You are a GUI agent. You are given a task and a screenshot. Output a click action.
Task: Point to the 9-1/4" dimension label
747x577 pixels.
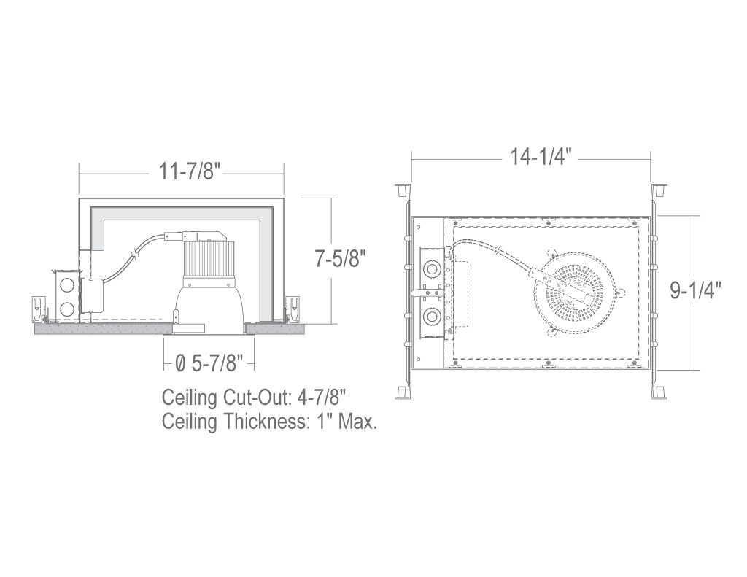pyautogui.click(x=695, y=290)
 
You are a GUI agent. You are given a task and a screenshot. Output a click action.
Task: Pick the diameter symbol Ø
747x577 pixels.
pyautogui.click(x=181, y=365)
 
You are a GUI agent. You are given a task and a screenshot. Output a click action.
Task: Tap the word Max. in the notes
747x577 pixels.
pyautogui.click(x=357, y=421)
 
